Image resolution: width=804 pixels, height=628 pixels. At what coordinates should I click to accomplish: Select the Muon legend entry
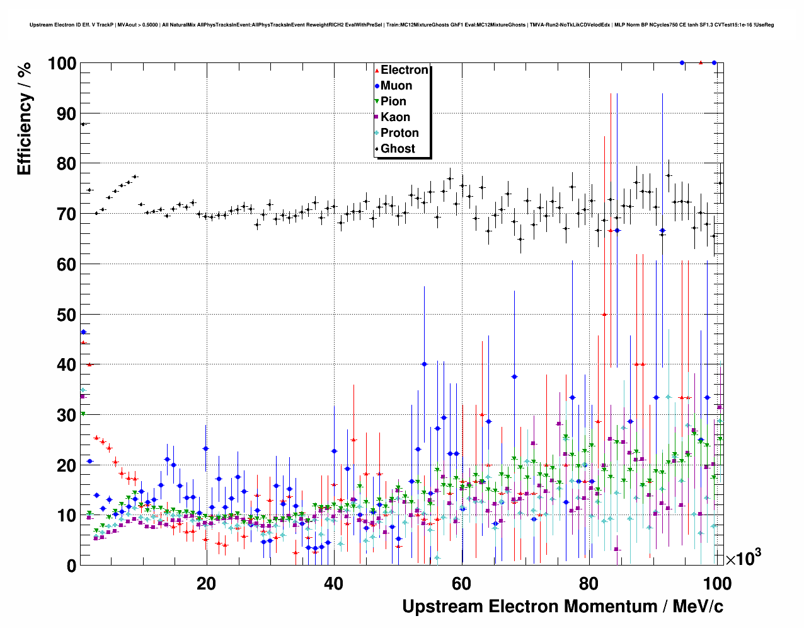pyautogui.click(x=396, y=86)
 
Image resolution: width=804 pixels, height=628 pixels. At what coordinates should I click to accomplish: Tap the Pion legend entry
pyautogui.click(x=393, y=102)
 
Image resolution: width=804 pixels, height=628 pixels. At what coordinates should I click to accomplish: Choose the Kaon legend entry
pyautogui.click(x=395, y=117)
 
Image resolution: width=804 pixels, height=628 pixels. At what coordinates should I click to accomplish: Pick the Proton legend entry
pyautogui.click(x=399, y=133)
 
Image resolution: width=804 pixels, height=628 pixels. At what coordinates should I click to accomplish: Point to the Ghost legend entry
pyautogui.click(x=398, y=149)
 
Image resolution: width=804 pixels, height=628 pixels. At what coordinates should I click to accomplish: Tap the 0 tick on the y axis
pyautogui.click(x=71, y=566)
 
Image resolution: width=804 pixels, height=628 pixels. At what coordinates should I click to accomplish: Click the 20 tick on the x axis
pyautogui.click(x=206, y=584)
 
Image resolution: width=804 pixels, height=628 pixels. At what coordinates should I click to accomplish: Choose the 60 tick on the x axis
pyautogui.click(x=461, y=584)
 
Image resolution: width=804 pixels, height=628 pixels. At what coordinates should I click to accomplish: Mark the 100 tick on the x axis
pyautogui.click(x=716, y=584)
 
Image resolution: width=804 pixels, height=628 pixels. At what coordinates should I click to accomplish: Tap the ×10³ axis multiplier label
pyautogui.click(x=743, y=558)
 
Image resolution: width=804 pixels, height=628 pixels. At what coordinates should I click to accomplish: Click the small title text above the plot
pyautogui.click(x=401, y=25)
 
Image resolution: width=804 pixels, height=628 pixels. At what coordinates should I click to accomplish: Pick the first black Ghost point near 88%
pyautogui.click(x=83, y=124)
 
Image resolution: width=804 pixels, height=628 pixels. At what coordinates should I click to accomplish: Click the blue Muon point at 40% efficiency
pyautogui.click(x=424, y=364)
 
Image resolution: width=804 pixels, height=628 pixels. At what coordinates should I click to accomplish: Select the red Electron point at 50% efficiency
pyautogui.click(x=604, y=315)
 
